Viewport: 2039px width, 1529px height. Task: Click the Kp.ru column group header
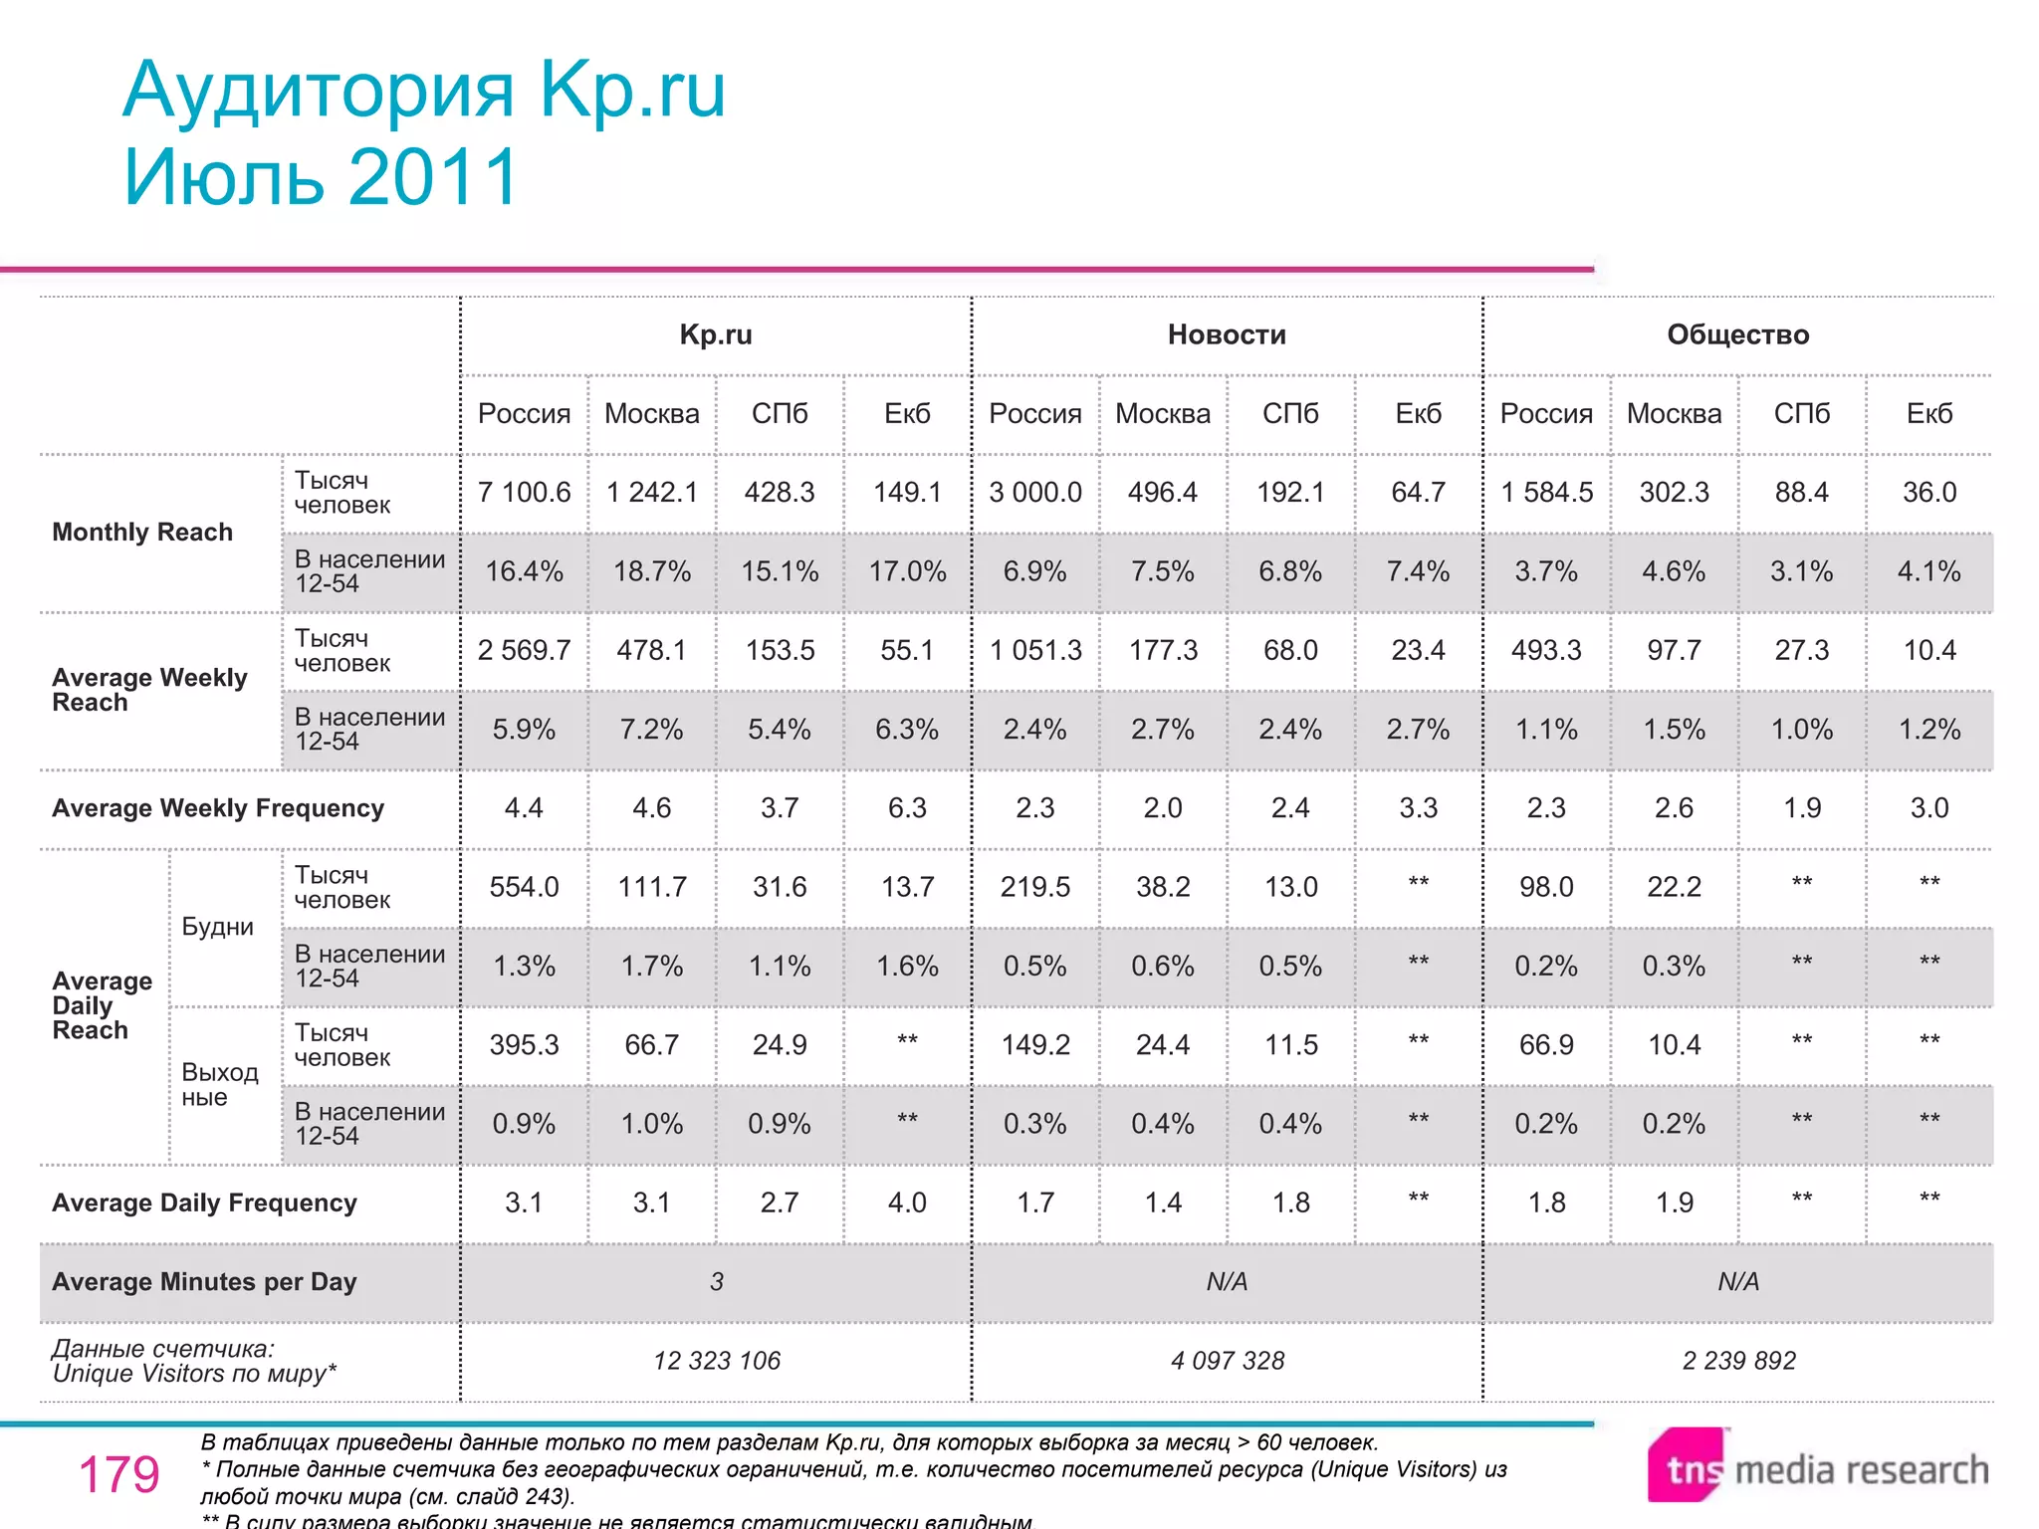point(716,334)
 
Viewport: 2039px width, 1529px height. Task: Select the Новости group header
point(1227,334)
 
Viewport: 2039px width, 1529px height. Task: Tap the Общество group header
point(1737,334)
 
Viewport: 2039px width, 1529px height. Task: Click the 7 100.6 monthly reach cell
point(524,492)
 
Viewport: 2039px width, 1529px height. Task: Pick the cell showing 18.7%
point(652,571)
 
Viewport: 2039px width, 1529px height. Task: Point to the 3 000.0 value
point(1035,492)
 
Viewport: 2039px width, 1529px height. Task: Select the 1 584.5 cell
point(1546,492)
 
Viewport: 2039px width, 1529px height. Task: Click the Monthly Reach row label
point(142,533)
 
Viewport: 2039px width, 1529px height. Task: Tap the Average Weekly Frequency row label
point(218,808)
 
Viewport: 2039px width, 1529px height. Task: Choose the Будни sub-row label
point(217,927)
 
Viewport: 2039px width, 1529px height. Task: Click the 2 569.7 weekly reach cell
point(524,650)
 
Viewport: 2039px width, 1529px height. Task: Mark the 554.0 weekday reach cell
point(524,887)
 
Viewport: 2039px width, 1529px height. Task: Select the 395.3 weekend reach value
point(524,1045)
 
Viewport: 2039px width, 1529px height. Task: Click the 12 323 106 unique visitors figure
point(717,1361)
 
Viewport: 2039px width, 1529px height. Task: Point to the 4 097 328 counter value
point(1228,1361)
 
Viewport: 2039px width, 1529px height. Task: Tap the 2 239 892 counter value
point(1738,1361)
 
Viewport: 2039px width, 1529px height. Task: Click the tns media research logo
point(1818,1467)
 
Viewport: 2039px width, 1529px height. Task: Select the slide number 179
point(118,1474)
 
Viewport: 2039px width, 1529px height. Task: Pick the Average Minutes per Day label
point(204,1282)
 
